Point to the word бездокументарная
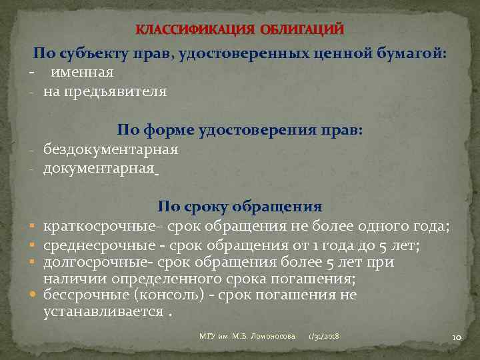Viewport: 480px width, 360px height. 111,149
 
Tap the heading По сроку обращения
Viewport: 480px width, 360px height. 240,207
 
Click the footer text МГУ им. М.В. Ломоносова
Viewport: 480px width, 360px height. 247,337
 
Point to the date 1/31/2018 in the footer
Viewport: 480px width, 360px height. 323,337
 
